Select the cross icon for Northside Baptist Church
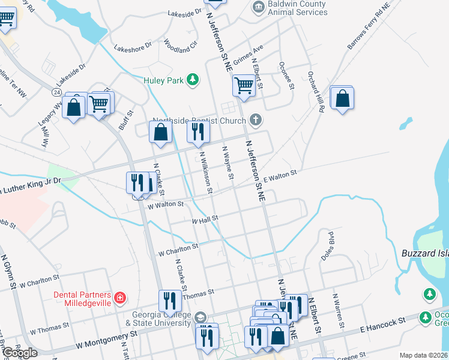click(256, 120)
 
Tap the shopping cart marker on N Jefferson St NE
click(244, 86)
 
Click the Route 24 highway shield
click(56, 92)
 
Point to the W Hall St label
click(204, 221)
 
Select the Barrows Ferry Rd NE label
click(368, 25)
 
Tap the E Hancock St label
click(380, 327)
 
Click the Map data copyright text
click(424, 355)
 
